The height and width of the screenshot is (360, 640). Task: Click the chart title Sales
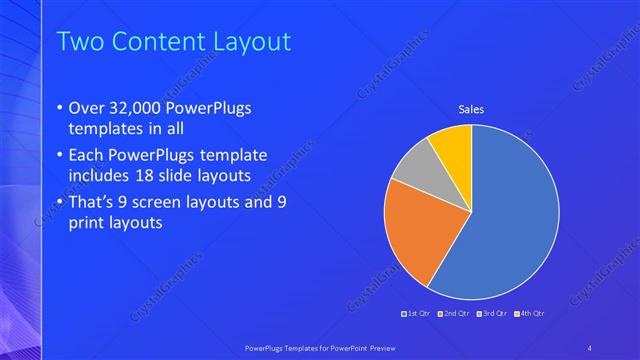pos(471,109)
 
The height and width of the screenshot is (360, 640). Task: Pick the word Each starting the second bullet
pos(87,155)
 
